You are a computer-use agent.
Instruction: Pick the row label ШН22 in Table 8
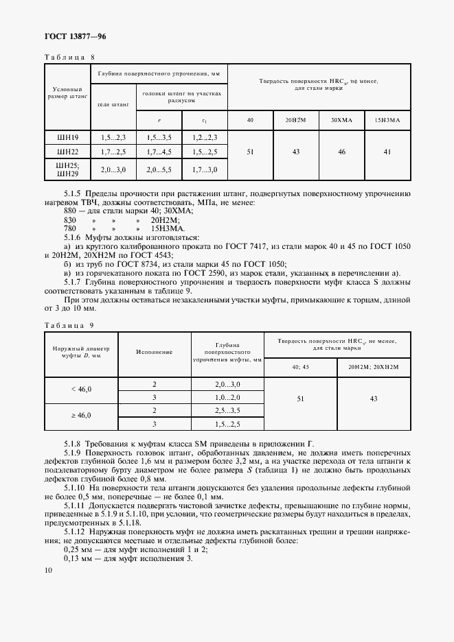pyautogui.click(x=68, y=152)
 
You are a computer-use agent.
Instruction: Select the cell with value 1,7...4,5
pyautogui.click(x=159, y=152)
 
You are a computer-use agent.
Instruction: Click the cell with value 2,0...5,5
pyautogui.click(x=159, y=169)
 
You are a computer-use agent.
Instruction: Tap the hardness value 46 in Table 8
pyautogui.click(x=341, y=152)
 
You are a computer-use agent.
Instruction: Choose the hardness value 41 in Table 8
pyautogui.click(x=387, y=152)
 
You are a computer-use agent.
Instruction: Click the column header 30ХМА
pyautogui.click(x=341, y=120)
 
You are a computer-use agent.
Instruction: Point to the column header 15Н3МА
pyautogui.click(x=387, y=120)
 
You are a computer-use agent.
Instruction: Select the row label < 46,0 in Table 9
pyautogui.click(x=81, y=390)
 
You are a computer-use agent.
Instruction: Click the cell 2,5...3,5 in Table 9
pyautogui.click(x=228, y=411)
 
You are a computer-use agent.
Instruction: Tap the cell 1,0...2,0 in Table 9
pyautogui.click(x=228, y=397)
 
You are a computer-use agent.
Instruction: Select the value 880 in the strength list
pyautogui.click(x=71, y=210)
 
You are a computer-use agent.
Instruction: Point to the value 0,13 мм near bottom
pyautogui.click(x=76, y=558)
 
